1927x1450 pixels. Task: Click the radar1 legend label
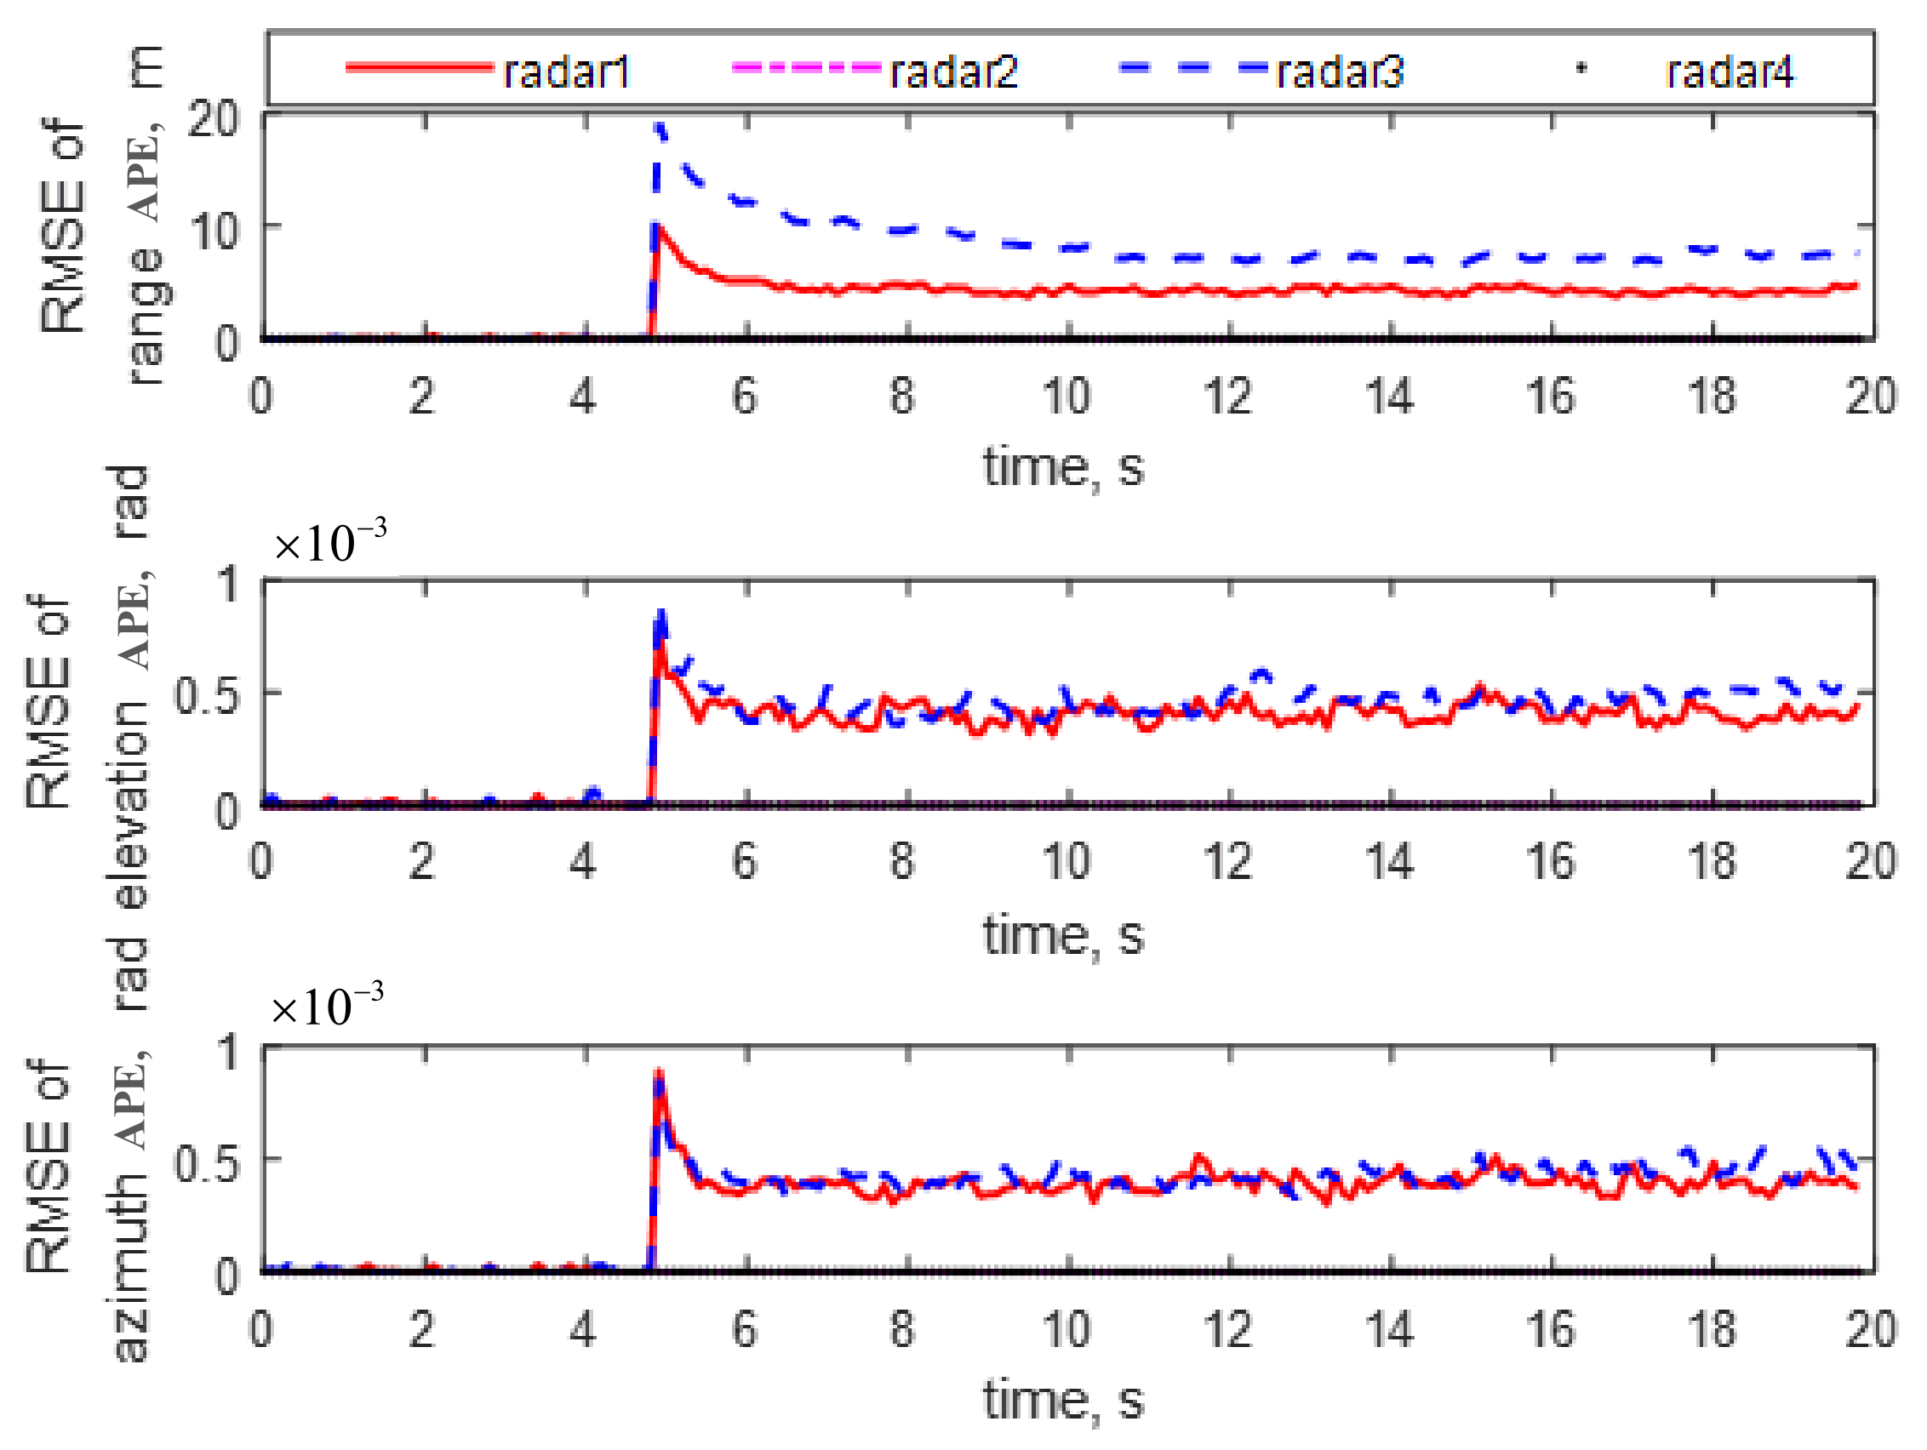pyautogui.click(x=565, y=71)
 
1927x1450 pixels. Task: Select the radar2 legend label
pyautogui.click(x=953, y=71)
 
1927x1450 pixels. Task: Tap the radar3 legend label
pyautogui.click(x=1340, y=71)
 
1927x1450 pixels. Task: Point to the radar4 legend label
pyautogui.click(x=1729, y=71)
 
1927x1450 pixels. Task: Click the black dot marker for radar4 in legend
pyautogui.click(x=1582, y=68)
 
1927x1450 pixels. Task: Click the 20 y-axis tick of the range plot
pyautogui.click(x=213, y=118)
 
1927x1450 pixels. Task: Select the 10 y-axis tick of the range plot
pyautogui.click(x=213, y=231)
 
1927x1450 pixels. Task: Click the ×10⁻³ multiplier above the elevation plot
pyautogui.click(x=329, y=542)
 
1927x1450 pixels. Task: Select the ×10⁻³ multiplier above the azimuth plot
pyautogui.click(x=327, y=1006)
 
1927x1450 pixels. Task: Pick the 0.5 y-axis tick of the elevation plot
pyautogui.click(x=206, y=695)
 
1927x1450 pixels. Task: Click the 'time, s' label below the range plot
pyautogui.click(x=1063, y=468)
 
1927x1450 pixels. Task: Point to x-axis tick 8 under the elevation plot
pyautogui.click(x=902, y=861)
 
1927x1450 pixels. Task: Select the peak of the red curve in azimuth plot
pyautogui.click(x=660, y=1073)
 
